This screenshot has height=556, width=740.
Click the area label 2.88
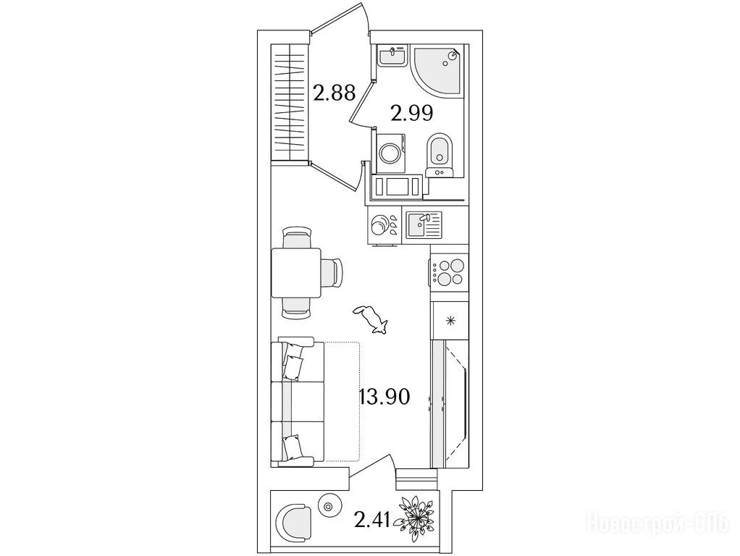(334, 93)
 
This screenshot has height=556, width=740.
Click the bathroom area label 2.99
(412, 113)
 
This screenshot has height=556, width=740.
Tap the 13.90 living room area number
(384, 397)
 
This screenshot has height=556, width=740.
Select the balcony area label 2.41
(372, 521)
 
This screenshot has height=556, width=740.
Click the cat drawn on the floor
(371, 319)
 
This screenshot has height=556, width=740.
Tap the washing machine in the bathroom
(391, 153)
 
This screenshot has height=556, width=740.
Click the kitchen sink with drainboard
(424, 224)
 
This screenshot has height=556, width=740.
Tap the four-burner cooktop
(448, 272)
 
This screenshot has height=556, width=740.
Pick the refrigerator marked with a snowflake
(450, 321)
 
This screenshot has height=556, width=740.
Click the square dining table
(296, 273)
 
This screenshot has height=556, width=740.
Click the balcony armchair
(293, 523)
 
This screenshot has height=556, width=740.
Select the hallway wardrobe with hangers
(290, 102)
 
